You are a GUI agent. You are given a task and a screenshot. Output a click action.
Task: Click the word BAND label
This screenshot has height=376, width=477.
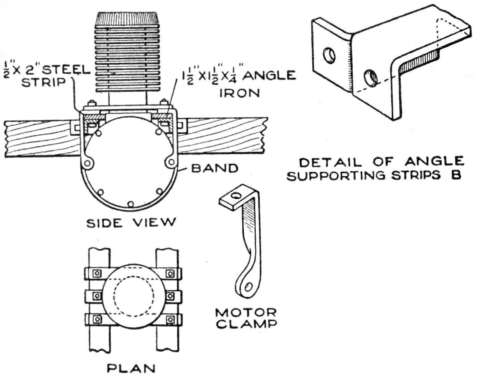215,169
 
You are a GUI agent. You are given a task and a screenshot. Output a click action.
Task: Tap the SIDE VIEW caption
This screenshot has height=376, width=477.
131,223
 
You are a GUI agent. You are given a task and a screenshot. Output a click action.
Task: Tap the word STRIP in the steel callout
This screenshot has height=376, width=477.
42,82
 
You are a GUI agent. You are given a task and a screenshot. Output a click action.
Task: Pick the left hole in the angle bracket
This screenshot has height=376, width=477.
329,55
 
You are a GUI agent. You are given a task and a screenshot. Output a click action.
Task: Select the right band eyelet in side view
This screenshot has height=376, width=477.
169,163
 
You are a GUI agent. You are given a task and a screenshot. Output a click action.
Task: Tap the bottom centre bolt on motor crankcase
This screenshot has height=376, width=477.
130,204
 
